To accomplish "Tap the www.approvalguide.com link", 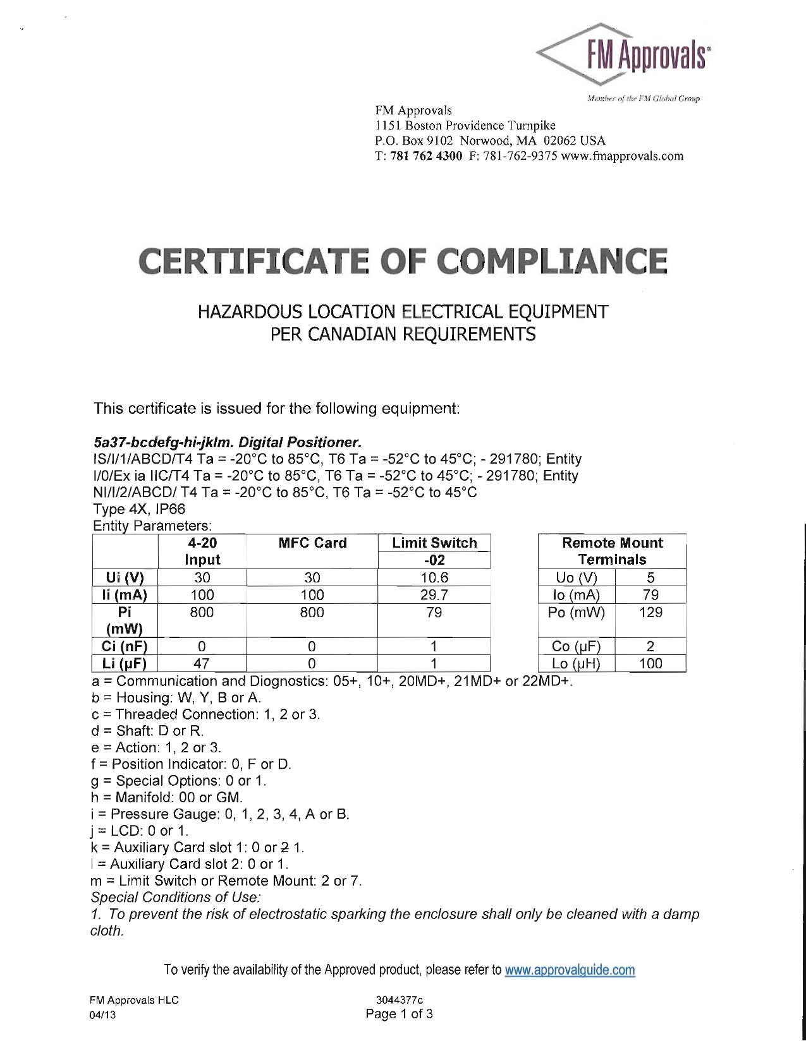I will click(x=570, y=970).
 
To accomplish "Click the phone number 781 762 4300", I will click(x=427, y=156).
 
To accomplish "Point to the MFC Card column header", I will click(x=312, y=543).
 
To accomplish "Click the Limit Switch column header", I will click(x=434, y=543).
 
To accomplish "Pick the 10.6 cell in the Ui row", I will click(x=434, y=577).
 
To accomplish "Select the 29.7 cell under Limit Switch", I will click(x=434, y=595).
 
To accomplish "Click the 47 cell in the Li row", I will click(x=202, y=663).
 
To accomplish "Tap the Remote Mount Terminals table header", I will click(x=612, y=551).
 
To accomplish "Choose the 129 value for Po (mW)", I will click(x=650, y=613).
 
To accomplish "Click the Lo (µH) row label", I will click(x=576, y=663).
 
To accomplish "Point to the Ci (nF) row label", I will click(x=125, y=646).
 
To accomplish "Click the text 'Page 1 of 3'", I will click(x=400, y=1014).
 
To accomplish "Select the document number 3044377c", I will click(x=400, y=1000).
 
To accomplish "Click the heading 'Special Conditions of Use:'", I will click(x=176, y=898).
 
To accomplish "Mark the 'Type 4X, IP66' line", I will click(x=139, y=509).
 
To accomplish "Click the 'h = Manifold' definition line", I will click(x=167, y=797).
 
